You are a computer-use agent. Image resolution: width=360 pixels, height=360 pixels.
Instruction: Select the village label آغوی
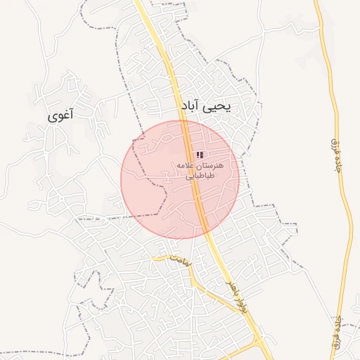pos(60,115)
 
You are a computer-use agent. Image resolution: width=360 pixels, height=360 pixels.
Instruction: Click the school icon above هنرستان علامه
pos(200,154)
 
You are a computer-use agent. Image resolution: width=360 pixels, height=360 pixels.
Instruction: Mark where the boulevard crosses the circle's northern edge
pos(185,121)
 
